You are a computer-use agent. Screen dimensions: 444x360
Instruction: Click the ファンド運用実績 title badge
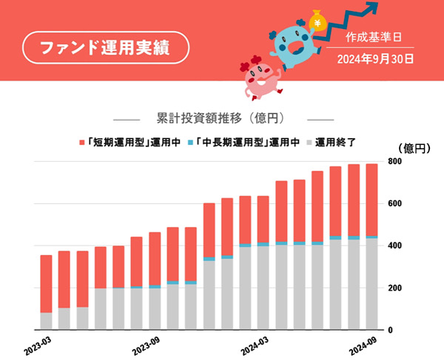pyautogui.click(x=106, y=47)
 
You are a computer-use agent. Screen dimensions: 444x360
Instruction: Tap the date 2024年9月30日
pyautogui.click(x=375, y=59)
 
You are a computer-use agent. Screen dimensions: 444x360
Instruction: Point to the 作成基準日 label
pyautogui.click(x=374, y=37)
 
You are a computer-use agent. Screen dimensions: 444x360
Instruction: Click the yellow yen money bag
pyautogui.click(x=318, y=20)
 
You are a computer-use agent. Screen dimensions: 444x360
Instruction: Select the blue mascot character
pyautogui.click(x=295, y=44)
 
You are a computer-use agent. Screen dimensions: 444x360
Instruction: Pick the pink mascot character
pyautogui.click(x=260, y=78)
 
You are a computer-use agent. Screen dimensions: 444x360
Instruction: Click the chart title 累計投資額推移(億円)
pyautogui.click(x=221, y=118)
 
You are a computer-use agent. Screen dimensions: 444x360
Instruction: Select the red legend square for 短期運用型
pyautogui.click(x=82, y=143)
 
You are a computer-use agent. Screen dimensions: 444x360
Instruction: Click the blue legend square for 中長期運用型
pyautogui.click(x=190, y=143)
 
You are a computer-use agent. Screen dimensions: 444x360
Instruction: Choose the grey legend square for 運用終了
pyautogui.click(x=309, y=143)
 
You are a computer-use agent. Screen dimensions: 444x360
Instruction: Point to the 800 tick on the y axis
pyautogui.click(x=394, y=161)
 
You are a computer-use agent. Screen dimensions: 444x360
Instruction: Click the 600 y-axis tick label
pyautogui.click(x=394, y=203)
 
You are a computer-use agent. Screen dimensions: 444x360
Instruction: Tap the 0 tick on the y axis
pyautogui.click(x=390, y=330)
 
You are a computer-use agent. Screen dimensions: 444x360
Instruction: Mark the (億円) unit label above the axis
pyautogui.click(x=414, y=149)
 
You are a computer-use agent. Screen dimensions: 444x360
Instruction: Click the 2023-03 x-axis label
pyautogui.click(x=38, y=346)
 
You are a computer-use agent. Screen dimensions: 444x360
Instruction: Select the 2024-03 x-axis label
pyautogui.click(x=255, y=346)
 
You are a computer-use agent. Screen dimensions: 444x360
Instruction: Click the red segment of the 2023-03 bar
pyautogui.click(x=46, y=284)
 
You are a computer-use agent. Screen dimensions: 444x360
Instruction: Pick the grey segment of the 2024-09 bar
pyautogui.click(x=371, y=284)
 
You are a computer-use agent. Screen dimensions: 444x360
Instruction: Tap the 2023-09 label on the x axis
pyautogui.click(x=146, y=346)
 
